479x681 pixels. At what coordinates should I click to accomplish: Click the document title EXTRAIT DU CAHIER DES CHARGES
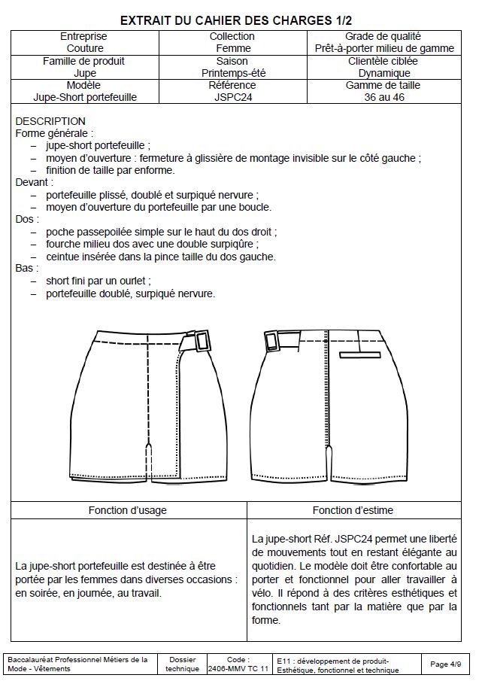236,19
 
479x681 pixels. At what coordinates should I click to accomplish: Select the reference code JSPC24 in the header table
232,97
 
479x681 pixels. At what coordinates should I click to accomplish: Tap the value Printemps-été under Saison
233,73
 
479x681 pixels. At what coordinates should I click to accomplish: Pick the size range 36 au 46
384,97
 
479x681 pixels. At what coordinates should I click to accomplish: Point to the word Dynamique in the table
384,73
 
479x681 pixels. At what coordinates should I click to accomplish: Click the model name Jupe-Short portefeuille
85,97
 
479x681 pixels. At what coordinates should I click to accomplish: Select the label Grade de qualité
384,36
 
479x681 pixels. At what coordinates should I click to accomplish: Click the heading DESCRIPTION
50,121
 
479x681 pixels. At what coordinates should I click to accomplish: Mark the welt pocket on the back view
356,352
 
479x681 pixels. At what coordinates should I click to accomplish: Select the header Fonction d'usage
128,510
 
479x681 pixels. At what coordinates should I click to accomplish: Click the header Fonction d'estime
353,510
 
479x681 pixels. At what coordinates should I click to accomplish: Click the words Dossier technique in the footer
183,664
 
